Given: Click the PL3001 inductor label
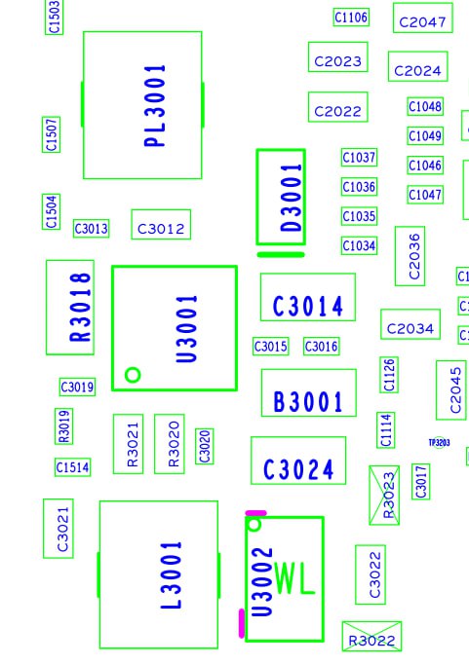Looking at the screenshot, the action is [x=155, y=105].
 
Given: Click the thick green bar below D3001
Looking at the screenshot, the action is [x=281, y=254].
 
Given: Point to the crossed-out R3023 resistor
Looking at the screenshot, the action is [x=384, y=495].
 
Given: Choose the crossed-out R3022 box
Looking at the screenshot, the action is [x=371, y=636].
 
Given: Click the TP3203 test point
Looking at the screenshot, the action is [x=440, y=443].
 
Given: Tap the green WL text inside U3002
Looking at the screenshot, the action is [x=294, y=577].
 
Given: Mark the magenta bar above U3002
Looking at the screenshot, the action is [x=256, y=513].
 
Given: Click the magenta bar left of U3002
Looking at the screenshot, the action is [x=242, y=623].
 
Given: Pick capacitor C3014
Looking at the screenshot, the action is [x=308, y=297].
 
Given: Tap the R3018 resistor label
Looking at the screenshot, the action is [x=80, y=307].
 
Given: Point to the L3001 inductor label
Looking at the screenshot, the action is [x=171, y=574].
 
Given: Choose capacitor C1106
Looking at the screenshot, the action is [x=351, y=18].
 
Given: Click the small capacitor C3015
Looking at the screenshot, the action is [x=271, y=347].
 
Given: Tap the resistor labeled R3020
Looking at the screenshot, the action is [x=170, y=444].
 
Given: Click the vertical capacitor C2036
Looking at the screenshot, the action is [x=410, y=256].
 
